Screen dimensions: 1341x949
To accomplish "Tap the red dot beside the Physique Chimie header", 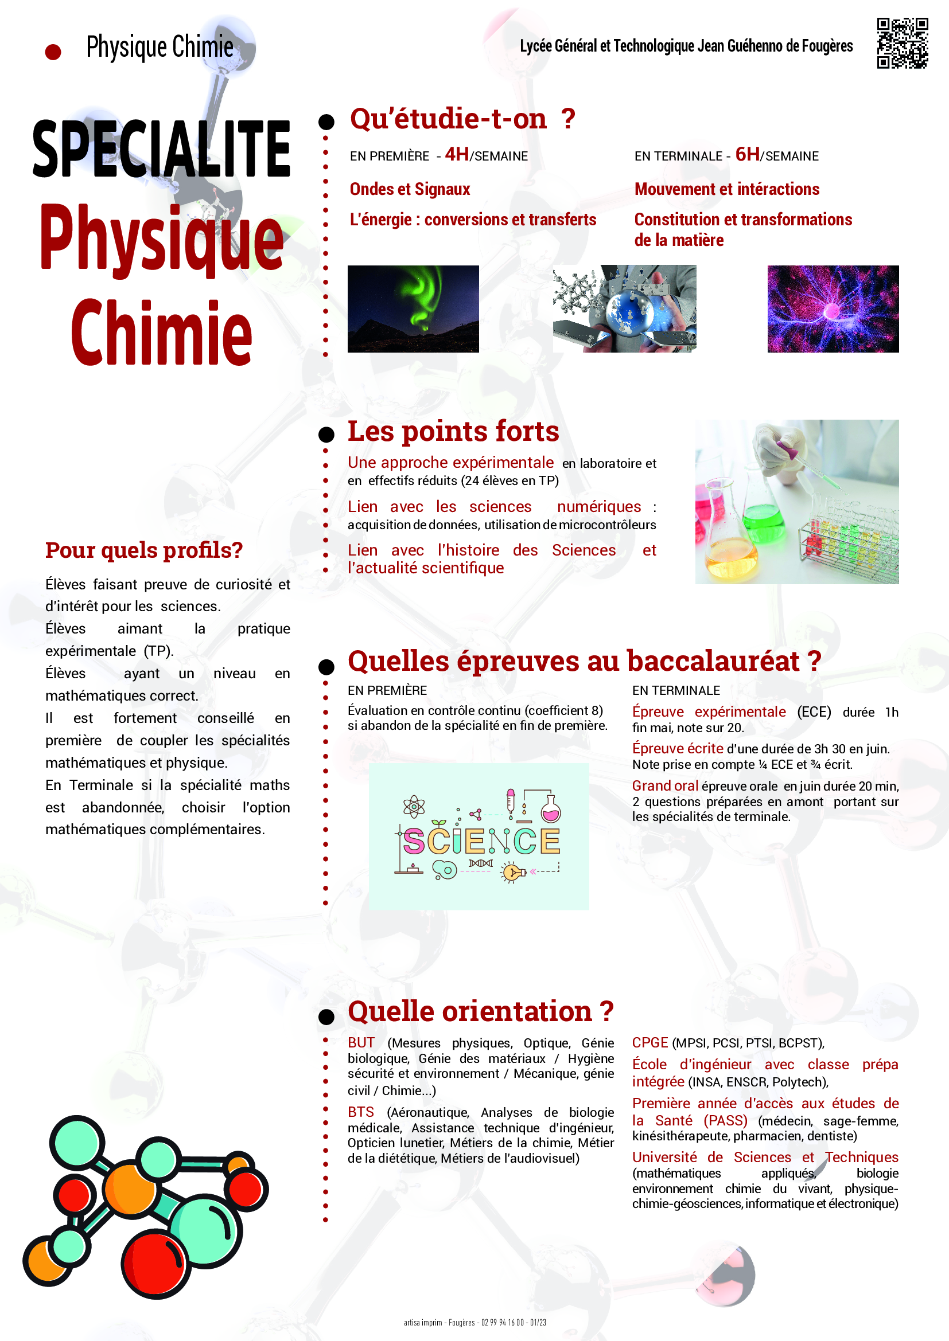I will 53,52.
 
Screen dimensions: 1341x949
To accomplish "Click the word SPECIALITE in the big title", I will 161,148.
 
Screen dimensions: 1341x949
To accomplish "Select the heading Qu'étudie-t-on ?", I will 462,119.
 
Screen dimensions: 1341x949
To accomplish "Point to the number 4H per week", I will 456,154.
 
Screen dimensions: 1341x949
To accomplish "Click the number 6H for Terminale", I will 747,154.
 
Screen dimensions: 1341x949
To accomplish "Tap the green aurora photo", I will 413,308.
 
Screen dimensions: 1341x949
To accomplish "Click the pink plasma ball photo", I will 833,308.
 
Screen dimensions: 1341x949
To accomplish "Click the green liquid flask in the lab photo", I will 763,520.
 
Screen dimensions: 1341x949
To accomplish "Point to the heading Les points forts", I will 453,432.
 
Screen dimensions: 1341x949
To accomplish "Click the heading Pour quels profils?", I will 144,550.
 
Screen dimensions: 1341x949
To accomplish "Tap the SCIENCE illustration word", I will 481,841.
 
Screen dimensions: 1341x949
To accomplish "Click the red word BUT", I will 361,1042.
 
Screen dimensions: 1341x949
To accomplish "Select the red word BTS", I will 360,1112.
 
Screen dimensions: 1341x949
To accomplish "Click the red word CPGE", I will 650,1042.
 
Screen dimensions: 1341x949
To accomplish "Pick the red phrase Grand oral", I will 665,785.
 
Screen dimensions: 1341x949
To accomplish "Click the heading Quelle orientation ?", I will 480,1011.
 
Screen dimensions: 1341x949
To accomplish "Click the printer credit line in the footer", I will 474,1322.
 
